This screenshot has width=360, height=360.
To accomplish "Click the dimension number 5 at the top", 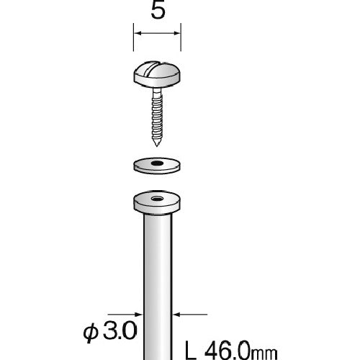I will [156, 12].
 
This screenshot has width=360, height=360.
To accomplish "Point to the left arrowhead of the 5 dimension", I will [136, 34].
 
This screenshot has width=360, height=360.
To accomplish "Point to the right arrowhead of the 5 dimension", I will [176, 34].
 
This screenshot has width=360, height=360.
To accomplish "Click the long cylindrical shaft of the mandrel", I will [156, 288].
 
